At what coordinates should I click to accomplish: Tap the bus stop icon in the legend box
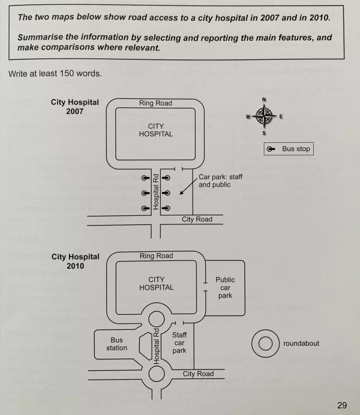tap(272, 149)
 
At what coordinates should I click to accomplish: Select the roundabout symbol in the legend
tap(264, 344)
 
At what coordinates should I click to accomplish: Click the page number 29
tap(341, 405)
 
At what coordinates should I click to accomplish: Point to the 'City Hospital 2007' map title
tap(75, 107)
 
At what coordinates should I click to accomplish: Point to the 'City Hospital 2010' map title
tap(75, 261)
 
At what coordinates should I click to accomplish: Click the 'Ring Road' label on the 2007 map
tap(155, 103)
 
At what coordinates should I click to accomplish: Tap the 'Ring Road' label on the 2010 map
tap(156, 256)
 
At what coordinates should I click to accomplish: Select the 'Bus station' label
tap(117, 344)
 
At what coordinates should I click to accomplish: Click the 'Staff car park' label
tap(179, 342)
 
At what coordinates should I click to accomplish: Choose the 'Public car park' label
tap(225, 287)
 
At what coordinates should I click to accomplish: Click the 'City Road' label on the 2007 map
tap(197, 219)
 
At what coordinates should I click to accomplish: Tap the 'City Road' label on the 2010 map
tap(198, 374)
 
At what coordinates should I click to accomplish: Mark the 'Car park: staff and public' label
tap(220, 181)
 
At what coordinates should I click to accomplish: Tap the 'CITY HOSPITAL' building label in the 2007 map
tap(155, 130)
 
